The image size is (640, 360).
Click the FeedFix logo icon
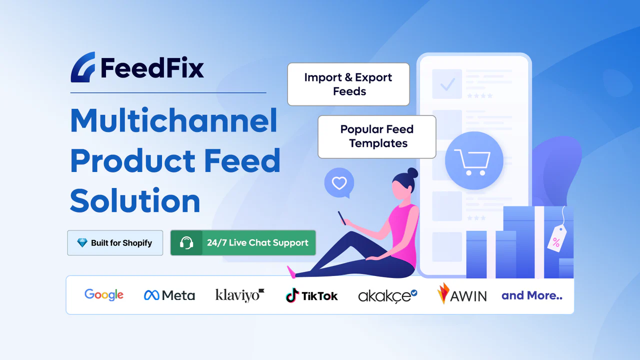(x=83, y=67)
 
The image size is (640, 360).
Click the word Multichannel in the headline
(x=173, y=120)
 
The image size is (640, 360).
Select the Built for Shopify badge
(x=115, y=243)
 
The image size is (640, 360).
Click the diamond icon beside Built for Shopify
(x=82, y=243)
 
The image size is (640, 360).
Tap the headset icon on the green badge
(x=186, y=243)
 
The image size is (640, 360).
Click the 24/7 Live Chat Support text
(x=257, y=243)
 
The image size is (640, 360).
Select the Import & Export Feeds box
(x=348, y=84)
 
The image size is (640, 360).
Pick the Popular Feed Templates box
(x=377, y=136)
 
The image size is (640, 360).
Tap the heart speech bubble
(x=339, y=183)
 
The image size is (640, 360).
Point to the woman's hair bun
(x=412, y=172)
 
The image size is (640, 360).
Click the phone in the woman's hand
(x=341, y=217)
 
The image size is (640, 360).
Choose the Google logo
(x=104, y=295)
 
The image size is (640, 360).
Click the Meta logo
(x=169, y=295)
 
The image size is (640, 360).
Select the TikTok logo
(x=311, y=295)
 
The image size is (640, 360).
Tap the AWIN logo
(x=461, y=294)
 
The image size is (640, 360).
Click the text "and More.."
(x=532, y=295)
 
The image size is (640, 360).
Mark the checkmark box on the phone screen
(x=447, y=84)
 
